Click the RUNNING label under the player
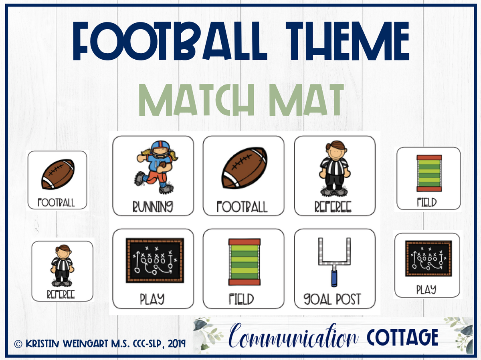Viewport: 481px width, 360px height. (153, 207)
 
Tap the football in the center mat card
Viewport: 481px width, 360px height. (244, 168)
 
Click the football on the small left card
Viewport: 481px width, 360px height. (58, 174)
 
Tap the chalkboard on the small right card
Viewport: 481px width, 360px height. (426, 259)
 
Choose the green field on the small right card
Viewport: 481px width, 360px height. (429, 173)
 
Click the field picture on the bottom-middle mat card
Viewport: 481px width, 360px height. (244, 262)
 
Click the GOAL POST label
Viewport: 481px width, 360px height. (332, 299)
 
